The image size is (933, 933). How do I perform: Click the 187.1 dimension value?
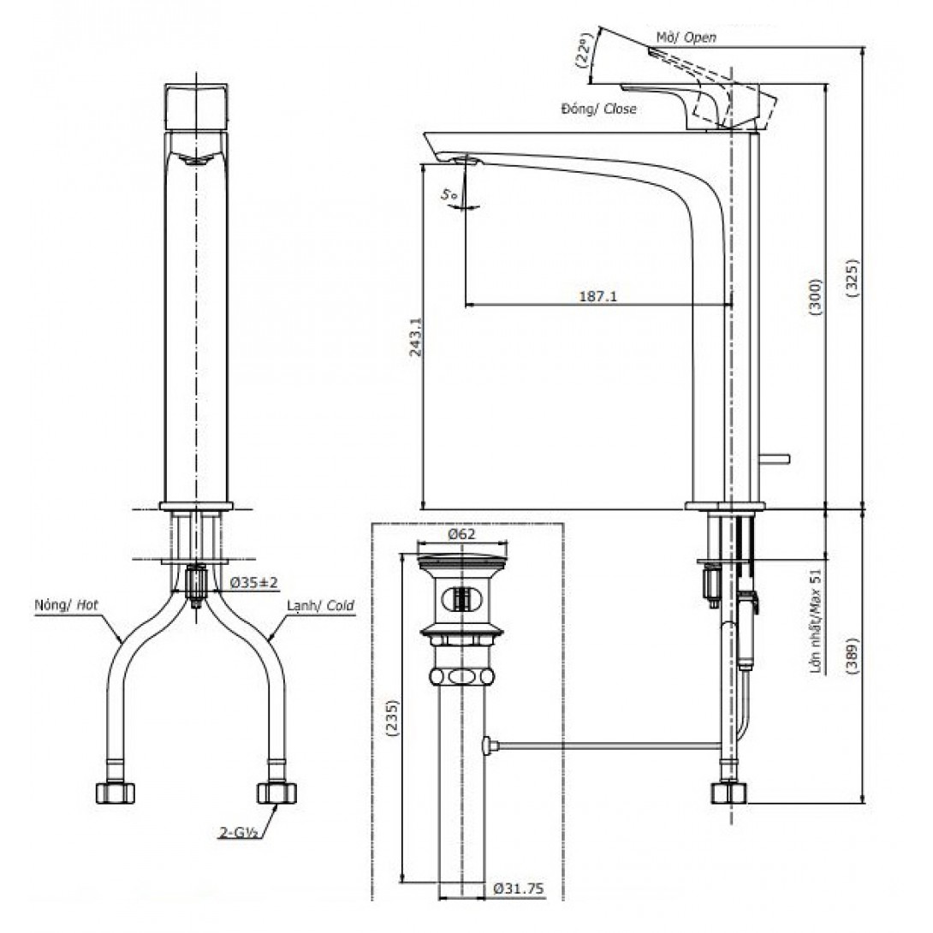[598, 295]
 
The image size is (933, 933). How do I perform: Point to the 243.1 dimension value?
[415, 336]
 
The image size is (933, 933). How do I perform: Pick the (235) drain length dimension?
[393, 719]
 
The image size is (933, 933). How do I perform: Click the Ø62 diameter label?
[461, 534]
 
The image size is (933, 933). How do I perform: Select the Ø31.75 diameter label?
[518, 889]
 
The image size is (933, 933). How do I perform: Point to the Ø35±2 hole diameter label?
[254, 583]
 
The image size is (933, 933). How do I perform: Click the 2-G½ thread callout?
[237, 833]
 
